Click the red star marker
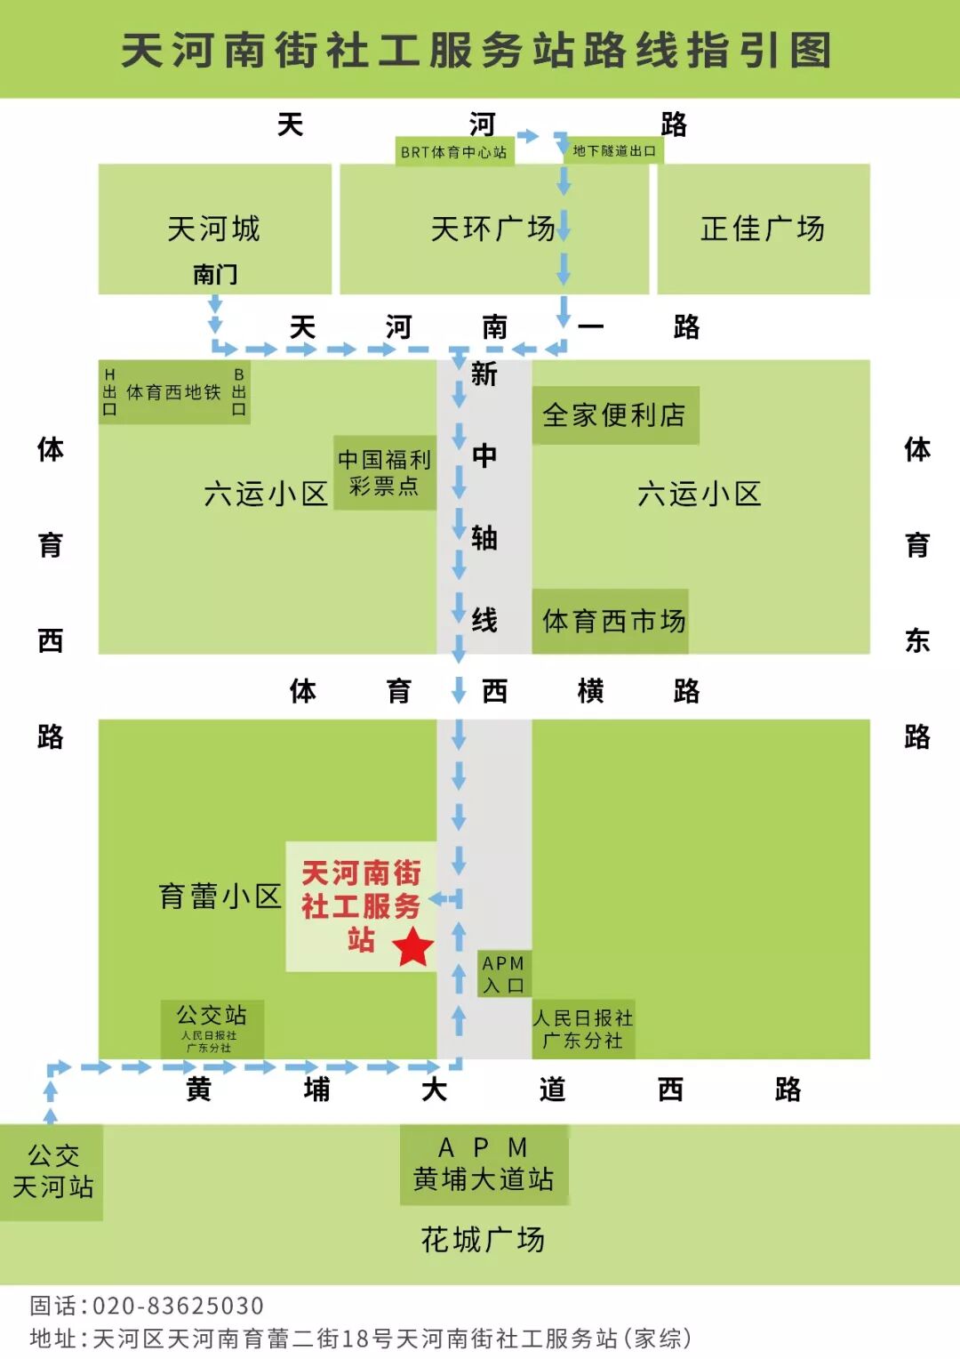pyautogui.click(x=412, y=946)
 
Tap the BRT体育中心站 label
pyautogui.click(x=454, y=151)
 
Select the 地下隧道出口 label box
pyautogui.click(x=614, y=150)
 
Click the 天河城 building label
pyautogui.click(x=214, y=229)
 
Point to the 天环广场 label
pyautogui.click(x=492, y=229)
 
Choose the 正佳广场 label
pyautogui.click(x=763, y=229)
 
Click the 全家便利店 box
pyautogui.click(x=614, y=414)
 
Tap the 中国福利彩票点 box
pyautogui.click(x=384, y=472)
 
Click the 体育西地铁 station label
pyautogui.click(x=173, y=392)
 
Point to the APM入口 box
pyautogui.click(x=503, y=974)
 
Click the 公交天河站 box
pyautogui.click(x=52, y=1170)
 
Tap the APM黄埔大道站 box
pyautogui.click(x=484, y=1163)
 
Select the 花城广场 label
pyautogui.click(x=483, y=1239)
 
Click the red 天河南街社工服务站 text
pyautogui.click(x=361, y=905)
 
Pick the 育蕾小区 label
pyautogui.click(x=220, y=896)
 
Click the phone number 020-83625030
pyautogui.click(x=178, y=1305)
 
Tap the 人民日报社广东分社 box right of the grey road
pyautogui.click(x=583, y=1029)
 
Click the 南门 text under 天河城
pyautogui.click(x=215, y=273)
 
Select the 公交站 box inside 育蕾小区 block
pyautogui.click(x=212, y=1027)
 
